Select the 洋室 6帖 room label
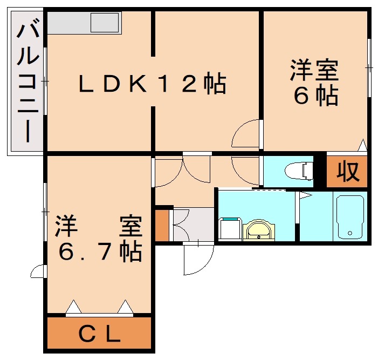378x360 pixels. pyautogui.click(x=315, y=83)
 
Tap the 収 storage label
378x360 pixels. pyautogui.click(x=348, y=172)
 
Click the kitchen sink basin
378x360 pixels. pyautogui.click(x=105, y=23)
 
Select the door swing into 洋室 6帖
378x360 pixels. pyautogui.click(x=245, y=133)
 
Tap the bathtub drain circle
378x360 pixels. pyautogui.click(x=350, y=233)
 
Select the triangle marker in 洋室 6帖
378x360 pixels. pyautogui.click(x=362, y=145)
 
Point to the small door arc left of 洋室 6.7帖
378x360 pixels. pyautogui.click(x=39, y=271)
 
